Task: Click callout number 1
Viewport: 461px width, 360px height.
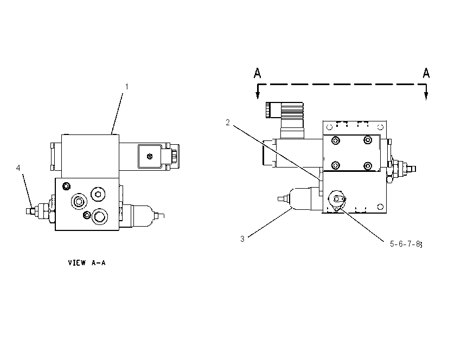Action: tap(127, 87)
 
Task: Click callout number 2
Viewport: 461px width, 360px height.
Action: tap(228, 123)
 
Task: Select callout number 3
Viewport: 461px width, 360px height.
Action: tap(242, 239)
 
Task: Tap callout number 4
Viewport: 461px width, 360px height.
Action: tap(18, 168)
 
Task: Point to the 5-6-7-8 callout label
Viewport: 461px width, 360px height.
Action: tap(406, 244)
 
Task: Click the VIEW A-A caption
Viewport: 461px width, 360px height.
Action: tap(87, 263)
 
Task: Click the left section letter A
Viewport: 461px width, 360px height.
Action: tap(257, 73)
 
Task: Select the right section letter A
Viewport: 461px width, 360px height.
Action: tap(426, 73)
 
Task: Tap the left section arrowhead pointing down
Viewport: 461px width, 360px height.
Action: tap(258, 95)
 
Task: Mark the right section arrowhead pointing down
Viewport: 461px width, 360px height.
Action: tap(426, 95)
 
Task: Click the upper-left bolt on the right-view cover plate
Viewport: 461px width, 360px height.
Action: tap(336, 140)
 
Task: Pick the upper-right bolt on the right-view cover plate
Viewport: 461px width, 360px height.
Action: tap(368, 140)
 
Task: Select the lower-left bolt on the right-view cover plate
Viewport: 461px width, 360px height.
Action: tap(336, 165)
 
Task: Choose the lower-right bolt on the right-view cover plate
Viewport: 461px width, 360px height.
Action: tap(368, 166)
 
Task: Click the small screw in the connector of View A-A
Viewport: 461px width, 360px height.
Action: tap(150, 156)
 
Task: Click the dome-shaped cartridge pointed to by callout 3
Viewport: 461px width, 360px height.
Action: tap(300, 199)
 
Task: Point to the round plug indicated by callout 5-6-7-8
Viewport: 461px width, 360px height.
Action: tap(337, 199)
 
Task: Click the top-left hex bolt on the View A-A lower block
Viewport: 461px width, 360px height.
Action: tap(67, 186)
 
